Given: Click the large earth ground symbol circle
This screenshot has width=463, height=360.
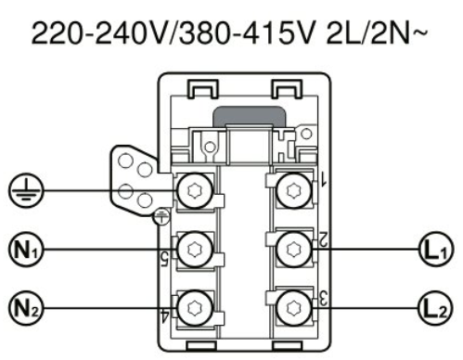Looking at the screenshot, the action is pyautogui.click(x=26, y=190).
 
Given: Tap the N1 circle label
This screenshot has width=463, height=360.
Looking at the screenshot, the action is pyautogui.click(x=26, y=250).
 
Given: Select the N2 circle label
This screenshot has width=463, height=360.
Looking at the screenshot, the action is pyautogui.click(x=26, y=308).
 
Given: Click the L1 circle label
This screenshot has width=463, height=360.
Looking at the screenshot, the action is pyautogui.click(x=436, y=250).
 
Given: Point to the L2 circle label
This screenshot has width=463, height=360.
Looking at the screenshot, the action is pyautogui.click(x=436, y=308).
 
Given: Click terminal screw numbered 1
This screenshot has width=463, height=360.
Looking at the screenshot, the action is pyautogui.click(x=293, y=190).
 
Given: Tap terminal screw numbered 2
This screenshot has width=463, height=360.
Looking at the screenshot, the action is pyautogui.click(x=293, y=250).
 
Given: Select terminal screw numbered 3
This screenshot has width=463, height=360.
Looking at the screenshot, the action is pyautogui.click(x=293, y=308).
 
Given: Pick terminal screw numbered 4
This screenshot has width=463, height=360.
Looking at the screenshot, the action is pyautogui.click(x=196, y=308).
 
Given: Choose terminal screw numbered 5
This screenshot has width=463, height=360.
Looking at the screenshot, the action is pyautogui.click(x=196, y=250).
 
